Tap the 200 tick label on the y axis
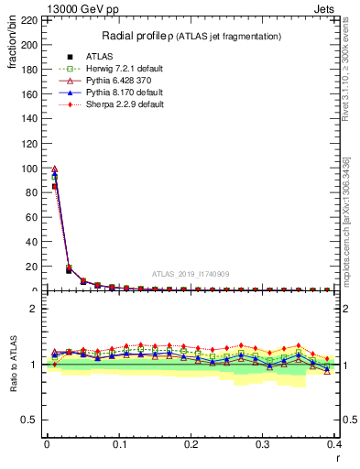(30, 44)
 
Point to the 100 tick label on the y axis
(30, 168)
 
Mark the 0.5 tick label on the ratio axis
(28, 420)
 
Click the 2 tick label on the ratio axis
(34, 309)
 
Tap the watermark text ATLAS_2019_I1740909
(191, 273)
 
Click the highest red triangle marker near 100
(54, 169)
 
